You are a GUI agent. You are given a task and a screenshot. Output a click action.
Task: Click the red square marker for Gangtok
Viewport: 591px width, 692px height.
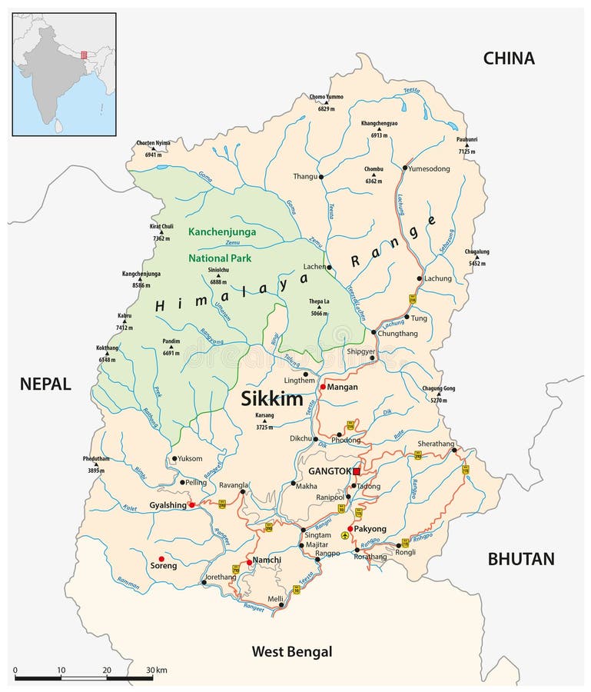pyautogui.click(x=356, y=471)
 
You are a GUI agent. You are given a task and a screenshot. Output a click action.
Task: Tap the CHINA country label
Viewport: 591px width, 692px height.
pyautogui.click(x=508, y=58)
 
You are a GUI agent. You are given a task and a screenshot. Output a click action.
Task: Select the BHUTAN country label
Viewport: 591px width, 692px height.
pyautogui.click(x=520, y=559)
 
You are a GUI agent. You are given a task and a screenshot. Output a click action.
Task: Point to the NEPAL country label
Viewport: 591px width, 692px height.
pyautogui.click(x=45, y=384)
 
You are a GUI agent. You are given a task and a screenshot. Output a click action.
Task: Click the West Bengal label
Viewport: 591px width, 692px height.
pyautogui.click(x=292, y=652)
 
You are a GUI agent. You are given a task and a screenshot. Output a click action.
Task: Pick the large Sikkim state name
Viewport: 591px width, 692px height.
pyautogui.click(x=273, y=398)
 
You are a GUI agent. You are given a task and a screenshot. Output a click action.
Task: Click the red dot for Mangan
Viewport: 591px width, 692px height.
pyautogui.click(x=323, y=388)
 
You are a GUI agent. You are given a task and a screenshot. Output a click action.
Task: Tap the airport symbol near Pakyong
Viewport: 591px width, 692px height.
pyautogui.click(x=345, y=536)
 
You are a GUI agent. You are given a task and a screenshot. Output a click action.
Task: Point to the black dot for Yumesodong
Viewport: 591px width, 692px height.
pyautogui.click(x=404, y=167)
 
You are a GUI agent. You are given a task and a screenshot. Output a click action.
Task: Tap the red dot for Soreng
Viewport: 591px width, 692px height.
pyautogui.click(x=161, y=559)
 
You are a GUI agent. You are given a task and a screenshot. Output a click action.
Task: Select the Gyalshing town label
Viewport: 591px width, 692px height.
pyautogui.click(x=168, y=505)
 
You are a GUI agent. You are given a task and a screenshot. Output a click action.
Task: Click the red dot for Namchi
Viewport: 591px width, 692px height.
pyautogui.click(x=249, y=562)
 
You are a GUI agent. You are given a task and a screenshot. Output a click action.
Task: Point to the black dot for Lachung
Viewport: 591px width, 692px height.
pyautogui.click(x=419, y=278)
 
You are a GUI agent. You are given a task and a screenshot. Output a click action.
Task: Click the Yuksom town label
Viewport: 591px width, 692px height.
pyautogui.click(x=189, y=458)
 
